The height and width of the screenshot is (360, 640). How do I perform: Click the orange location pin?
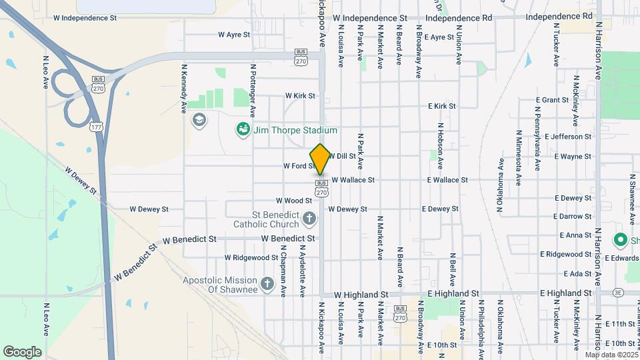point(320,159)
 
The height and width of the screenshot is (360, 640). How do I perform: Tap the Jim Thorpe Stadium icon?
point(243,129)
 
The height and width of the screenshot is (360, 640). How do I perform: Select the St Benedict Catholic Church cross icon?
point(309,218)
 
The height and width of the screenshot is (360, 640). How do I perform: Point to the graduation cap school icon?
point(198,120)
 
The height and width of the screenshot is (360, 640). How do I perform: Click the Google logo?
point(22,352)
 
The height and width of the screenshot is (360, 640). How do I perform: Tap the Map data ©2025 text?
point(611,355)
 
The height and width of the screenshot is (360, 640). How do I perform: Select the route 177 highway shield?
point(96,126)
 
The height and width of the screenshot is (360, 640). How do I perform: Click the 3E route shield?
point(619,293)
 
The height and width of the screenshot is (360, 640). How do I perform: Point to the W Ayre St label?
point(234,34)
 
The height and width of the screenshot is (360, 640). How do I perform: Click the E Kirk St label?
point(441,106)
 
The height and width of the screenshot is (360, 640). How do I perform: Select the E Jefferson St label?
point(567,137)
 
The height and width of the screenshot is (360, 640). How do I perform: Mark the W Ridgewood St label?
point(251,257)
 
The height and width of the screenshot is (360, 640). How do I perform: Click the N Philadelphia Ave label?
point(480,327)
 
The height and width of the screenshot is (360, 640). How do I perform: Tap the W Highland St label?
point(361,294)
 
